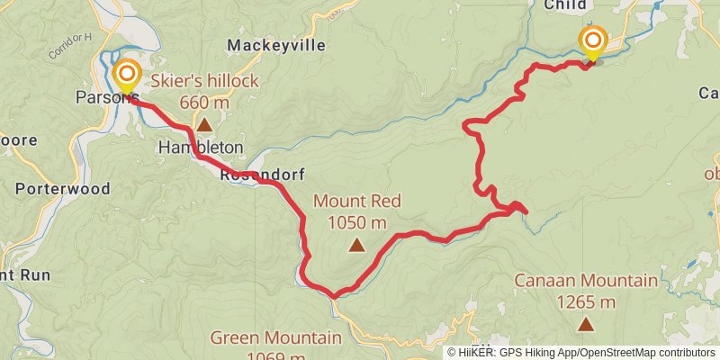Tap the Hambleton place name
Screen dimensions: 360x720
point(200,147)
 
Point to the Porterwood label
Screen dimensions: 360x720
point(62,189)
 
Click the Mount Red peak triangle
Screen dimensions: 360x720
point(357,244)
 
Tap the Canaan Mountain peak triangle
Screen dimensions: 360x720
point(586,323)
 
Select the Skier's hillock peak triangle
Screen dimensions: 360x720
point(205,126)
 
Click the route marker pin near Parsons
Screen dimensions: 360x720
point(127,75)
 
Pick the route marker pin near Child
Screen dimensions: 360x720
point(593,41)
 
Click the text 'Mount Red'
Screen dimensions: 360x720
point(357,202)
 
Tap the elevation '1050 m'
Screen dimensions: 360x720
point(357,222)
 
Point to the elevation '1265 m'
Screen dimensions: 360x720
point(586,301)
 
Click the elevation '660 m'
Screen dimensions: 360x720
point(205,103)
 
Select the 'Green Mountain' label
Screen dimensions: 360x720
point(276,338)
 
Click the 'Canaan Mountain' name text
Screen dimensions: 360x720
point(586,281)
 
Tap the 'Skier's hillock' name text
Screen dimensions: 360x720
point(204,82)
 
